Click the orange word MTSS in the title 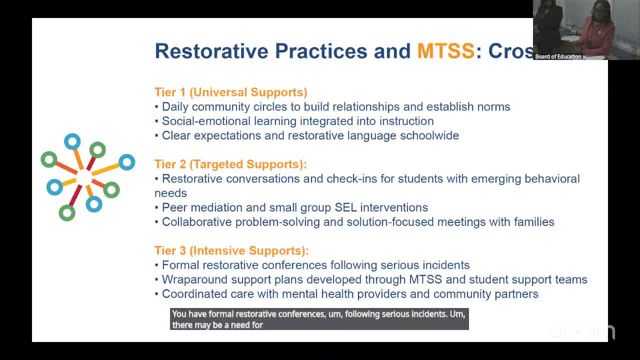click(445, 51)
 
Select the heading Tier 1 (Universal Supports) click(231, 92)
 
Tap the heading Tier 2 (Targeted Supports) click(230, 164)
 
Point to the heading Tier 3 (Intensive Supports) click(231, 250)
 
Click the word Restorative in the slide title click(211, 51)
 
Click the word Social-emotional click(206, 121)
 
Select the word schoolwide click(429, 135)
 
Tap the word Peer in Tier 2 click(174, 207)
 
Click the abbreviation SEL click(345, 207)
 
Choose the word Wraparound click(194, 279)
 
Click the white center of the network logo click(84, 177)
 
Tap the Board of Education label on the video click(558, 56)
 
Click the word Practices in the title click(321, 51)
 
